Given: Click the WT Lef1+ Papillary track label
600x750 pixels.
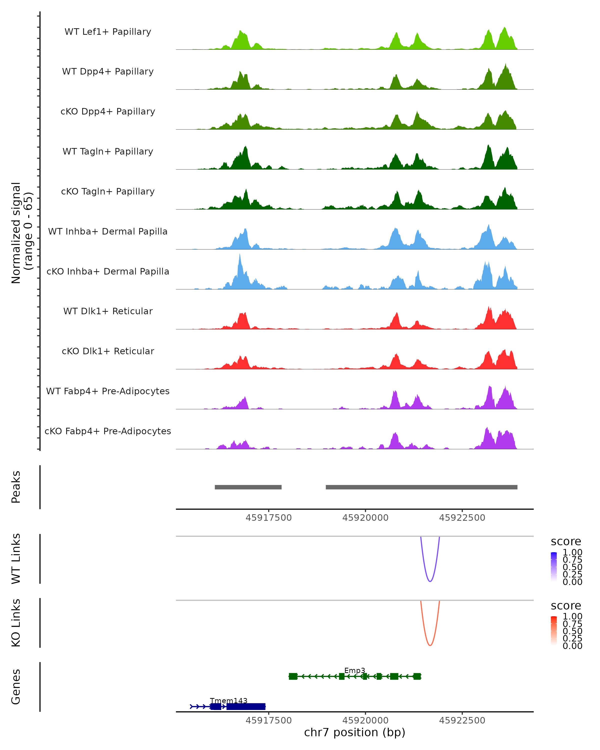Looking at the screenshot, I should (108, 32).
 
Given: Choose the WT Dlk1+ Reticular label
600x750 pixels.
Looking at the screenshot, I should (108, 311).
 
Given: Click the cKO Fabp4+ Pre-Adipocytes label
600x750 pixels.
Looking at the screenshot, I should (108, 431).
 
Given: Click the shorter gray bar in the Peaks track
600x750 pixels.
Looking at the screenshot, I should (248, 487).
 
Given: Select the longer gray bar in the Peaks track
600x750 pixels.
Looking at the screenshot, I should (421, 487).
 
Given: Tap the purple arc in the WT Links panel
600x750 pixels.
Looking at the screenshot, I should (430, 581).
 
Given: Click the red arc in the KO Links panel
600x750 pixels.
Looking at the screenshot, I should (430, 645).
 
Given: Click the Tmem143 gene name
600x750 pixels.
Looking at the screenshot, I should (228, 700).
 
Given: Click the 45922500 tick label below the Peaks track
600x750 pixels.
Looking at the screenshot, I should (462, 518).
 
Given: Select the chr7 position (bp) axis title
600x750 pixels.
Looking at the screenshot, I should (354, 732).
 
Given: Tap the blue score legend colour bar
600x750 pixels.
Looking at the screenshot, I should (554, 567).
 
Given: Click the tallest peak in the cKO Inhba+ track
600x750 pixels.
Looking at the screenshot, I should (240, 256).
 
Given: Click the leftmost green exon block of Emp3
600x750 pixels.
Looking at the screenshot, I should (293, 676).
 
